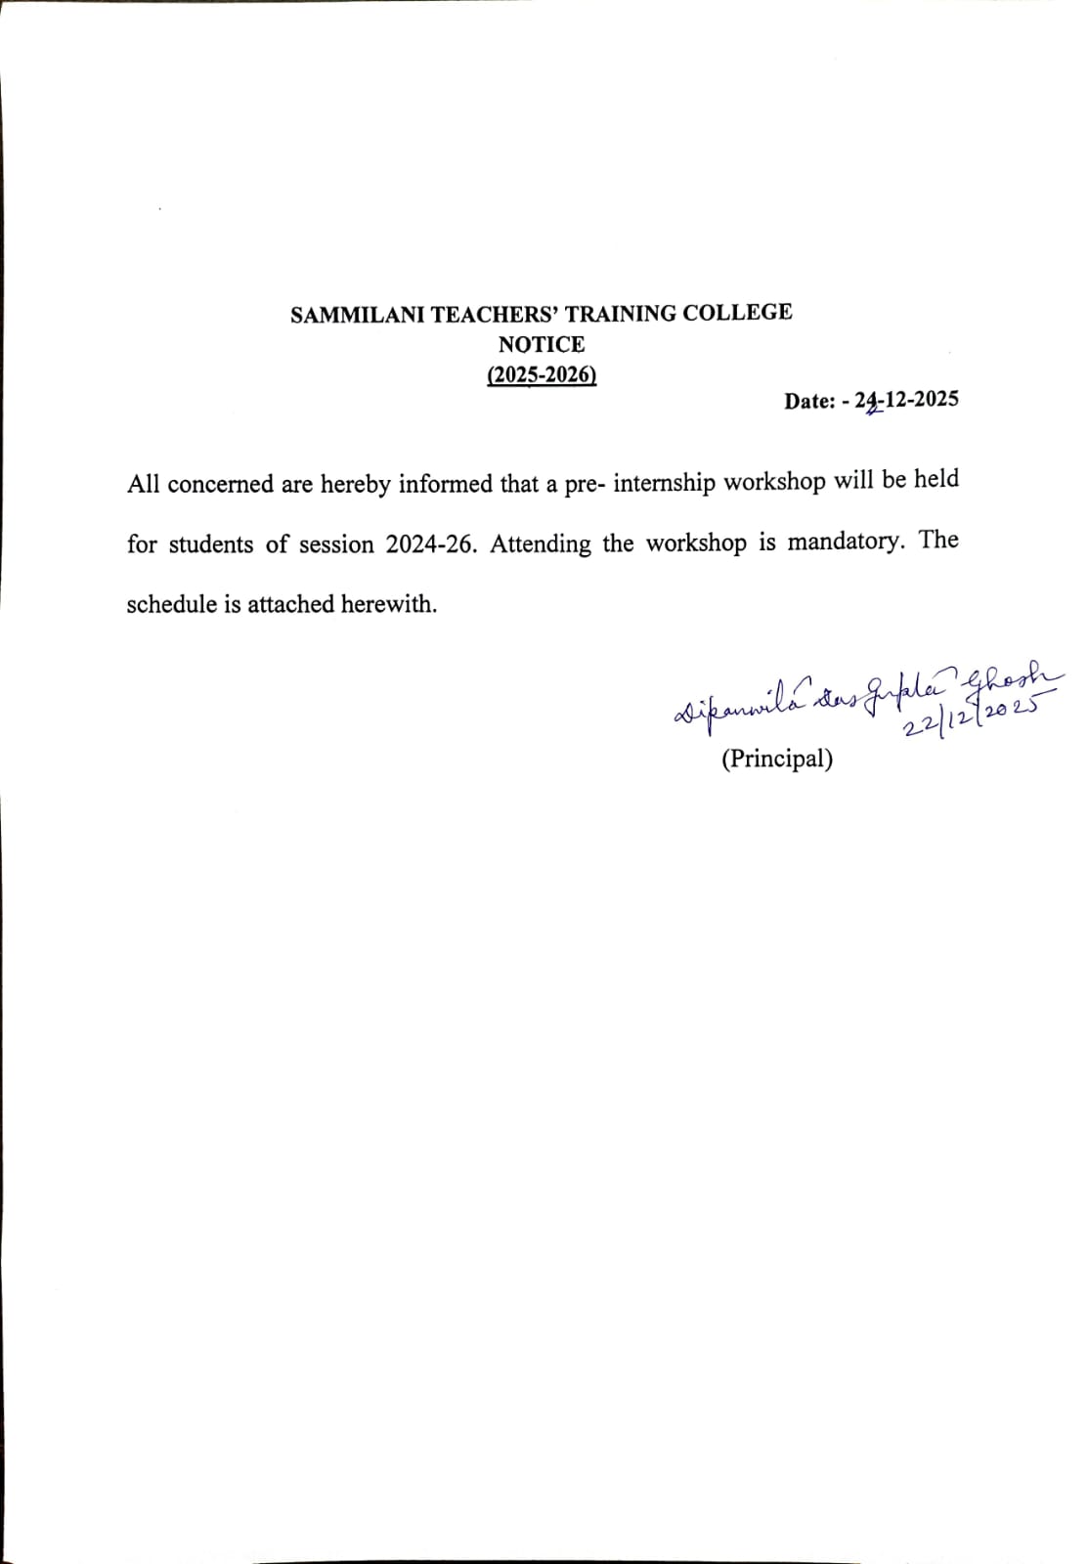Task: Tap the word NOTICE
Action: tap(542, 345)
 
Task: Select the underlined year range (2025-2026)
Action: tap(542, 375)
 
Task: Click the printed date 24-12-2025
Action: tap(907, 400)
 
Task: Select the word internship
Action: tap(665, 483)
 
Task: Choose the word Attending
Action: tap(541, 544)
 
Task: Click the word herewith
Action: tap(388, 604)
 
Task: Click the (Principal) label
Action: tap(777, 759)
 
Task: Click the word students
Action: tap(211, 544)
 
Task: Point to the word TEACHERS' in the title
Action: tap(495, 314)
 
